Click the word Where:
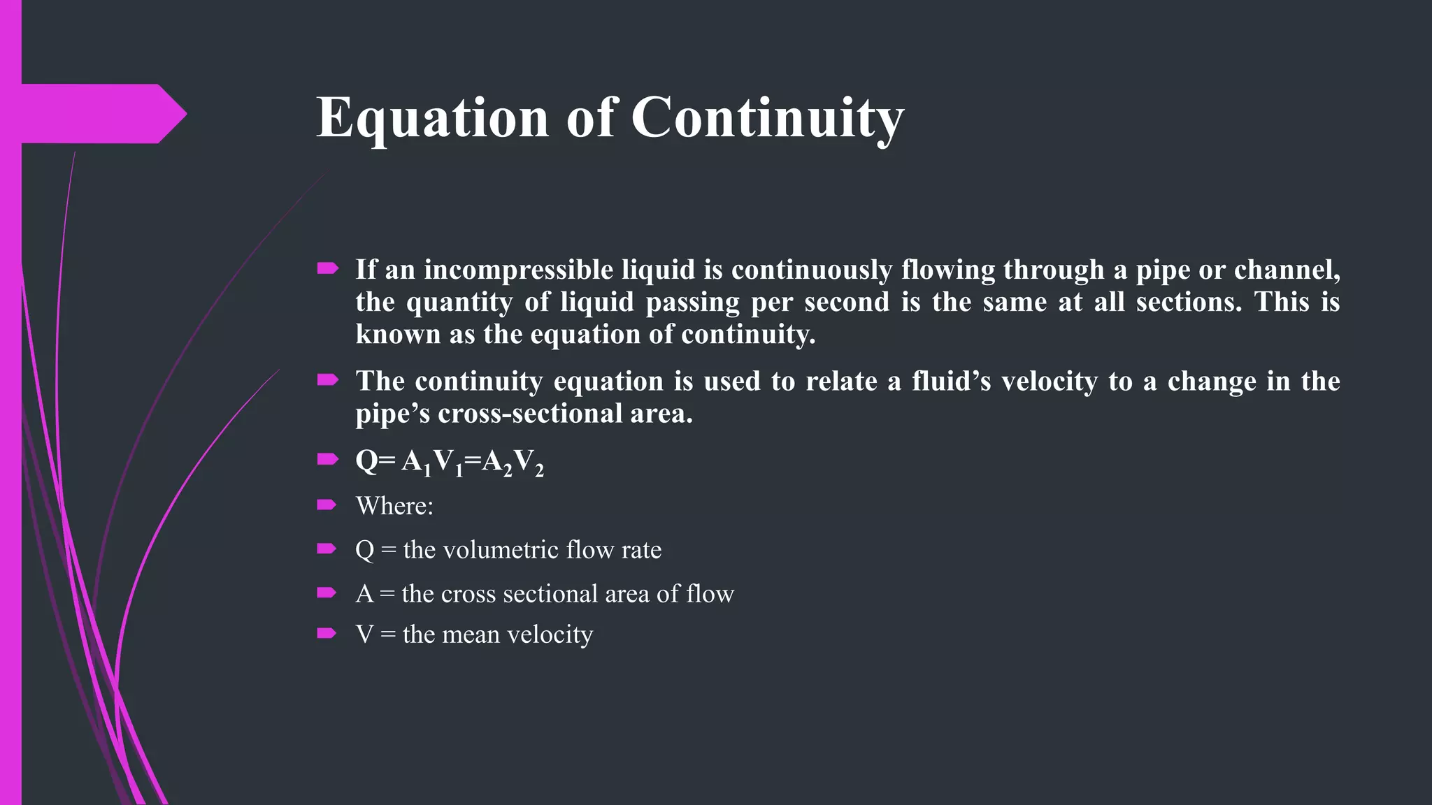(x=394, y=506)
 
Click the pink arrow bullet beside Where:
(x=327, y=505)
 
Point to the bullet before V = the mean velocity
(x=327, y=633)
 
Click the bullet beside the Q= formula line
(x=327, y=459)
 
